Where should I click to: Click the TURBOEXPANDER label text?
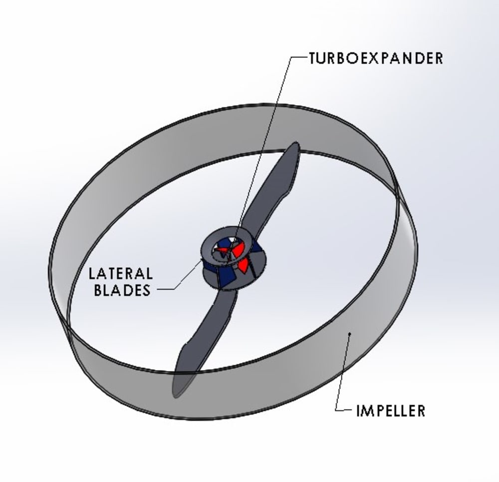pyautogui.click(x=376, y=58)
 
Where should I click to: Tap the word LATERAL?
pyautogui.click(x=120, y=274)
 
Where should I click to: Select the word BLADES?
pyautogui.click(x=122, y=290)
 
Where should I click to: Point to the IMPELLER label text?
pyautogui.click(x=391, y=411)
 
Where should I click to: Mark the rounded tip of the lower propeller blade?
pyautogui.click(x=179, y=389)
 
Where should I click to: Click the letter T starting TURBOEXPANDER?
pyautogui.click(x=313, y=58)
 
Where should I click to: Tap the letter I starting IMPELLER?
pyautogui.click(x=358, y=411)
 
